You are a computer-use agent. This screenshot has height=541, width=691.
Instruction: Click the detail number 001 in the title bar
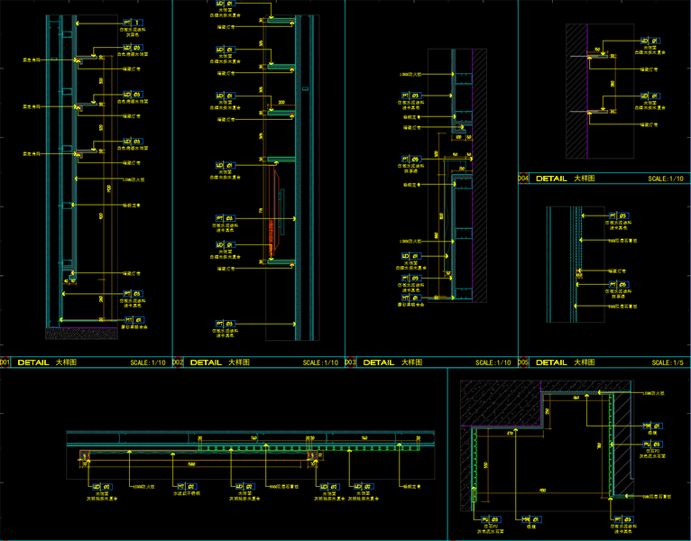[x=5, y=362]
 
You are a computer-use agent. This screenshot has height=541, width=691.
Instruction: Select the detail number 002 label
[x=178, y=362]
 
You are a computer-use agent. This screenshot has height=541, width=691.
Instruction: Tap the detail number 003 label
[x=351, y=362]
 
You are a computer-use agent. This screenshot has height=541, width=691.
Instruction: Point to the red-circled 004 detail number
[x=523, y=179]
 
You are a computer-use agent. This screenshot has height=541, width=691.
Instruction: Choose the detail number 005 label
[x=523, y=362]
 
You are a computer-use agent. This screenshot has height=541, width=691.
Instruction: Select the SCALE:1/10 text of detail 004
[x=666, y=179]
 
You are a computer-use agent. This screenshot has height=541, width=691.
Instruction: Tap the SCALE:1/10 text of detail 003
[x=492, y=362]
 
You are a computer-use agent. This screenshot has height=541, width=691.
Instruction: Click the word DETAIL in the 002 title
[x=207, y=362]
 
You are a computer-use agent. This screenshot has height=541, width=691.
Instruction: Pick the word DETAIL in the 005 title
[x=552, y=362]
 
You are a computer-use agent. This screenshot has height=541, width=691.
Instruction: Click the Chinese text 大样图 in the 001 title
[x=66, y=362]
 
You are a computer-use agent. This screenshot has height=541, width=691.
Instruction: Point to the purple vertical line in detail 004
[x=588, y=90]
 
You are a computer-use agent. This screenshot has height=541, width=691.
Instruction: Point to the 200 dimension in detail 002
[x=281, y=103]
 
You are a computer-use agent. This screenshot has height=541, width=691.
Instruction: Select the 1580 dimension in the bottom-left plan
[x=192, y=464]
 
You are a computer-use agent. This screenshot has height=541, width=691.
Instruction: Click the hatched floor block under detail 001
[x=81, y=334]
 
